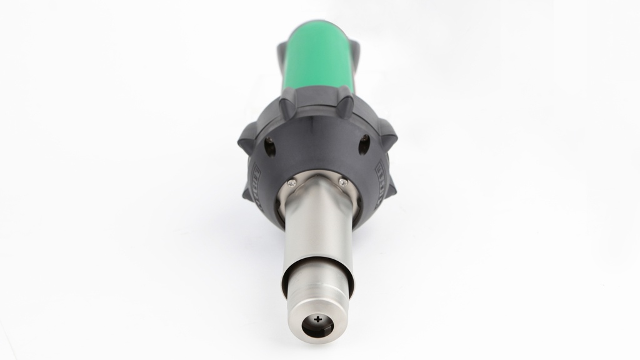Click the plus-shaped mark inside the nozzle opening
click(x=319, y=319)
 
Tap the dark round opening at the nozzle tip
click(x=319, y=325)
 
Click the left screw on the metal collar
click(x=291, y=182)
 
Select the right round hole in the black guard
click(x=364, y=145)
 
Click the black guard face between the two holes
click(x=317, y=144)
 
